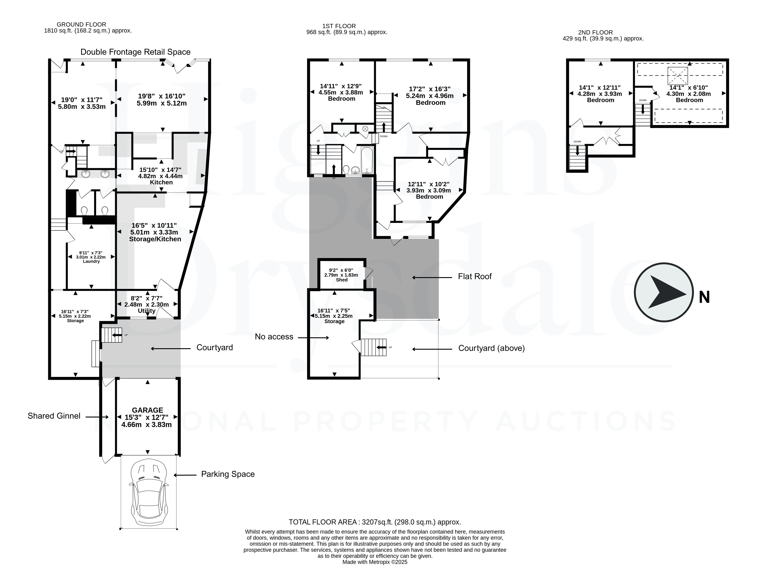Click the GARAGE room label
[x=147, y=410]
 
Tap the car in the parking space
[x=149, y=494]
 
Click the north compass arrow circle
[x=664, y=292]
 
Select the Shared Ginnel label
[x=54, y=416]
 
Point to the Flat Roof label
[x=475, y=276]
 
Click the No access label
[x=274, y=336]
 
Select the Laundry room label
[x=91, y=261]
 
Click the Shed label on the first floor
[x=342, y=280]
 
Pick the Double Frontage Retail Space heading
[x=136, y=52]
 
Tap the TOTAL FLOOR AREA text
[x=375, y=522]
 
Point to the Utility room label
[x=147, y=311]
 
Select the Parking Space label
[x=228, y=474]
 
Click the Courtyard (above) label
[x=492, y=348]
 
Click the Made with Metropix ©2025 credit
[x=375, y=562]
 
